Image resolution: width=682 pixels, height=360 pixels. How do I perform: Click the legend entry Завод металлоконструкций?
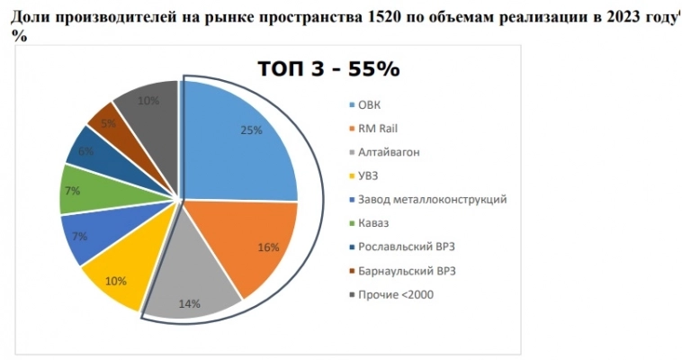(x=432, y=199)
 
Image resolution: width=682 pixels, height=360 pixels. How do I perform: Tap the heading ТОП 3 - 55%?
(x=328, y=69)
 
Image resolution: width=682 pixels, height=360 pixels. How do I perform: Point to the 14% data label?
(x=189, y=304)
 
